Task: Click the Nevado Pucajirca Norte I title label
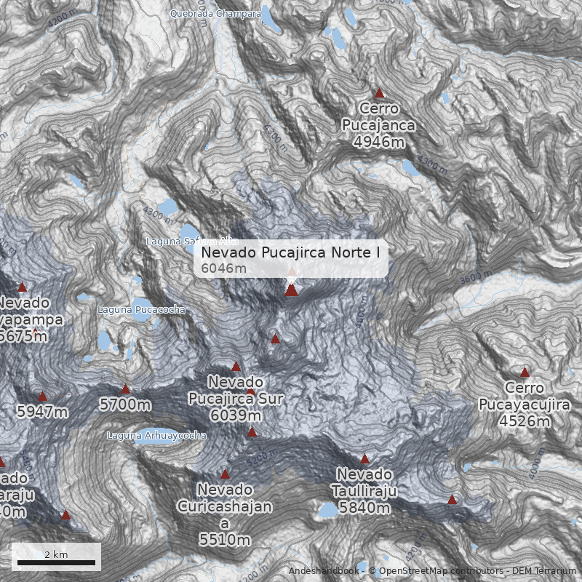291,252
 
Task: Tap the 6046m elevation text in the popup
224,268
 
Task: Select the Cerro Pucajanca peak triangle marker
379,93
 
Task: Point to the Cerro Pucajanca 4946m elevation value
379,141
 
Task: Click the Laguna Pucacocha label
142,309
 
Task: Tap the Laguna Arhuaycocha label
156,436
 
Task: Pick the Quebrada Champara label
215,13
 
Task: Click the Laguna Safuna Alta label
192,241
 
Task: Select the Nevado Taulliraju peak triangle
365,459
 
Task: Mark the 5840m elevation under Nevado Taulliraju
365,507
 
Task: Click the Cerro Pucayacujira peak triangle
525,372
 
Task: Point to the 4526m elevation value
525,420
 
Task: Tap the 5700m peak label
126,404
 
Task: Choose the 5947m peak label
42,412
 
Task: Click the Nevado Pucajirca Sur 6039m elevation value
236,415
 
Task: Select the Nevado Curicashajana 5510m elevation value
225,539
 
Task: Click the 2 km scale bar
56,562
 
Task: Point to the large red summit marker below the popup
292,290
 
